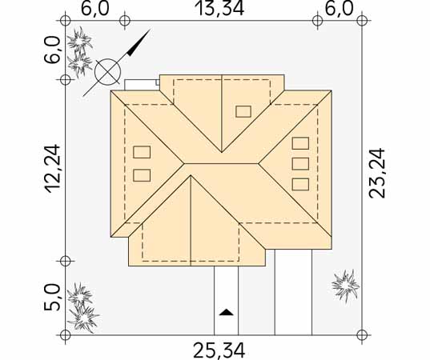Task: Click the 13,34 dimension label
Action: pyautogui.click(x=219, y=9)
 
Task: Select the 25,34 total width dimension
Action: pyautogui.click(x=219, y=350)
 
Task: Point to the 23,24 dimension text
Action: pyautogui.click(x=377, y=173)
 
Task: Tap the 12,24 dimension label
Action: pyautogui.click(x=52, y=169)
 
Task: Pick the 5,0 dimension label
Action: pyautogui.click(x=52, y=298)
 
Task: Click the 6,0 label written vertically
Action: pyautogui.click(x=52, y=50)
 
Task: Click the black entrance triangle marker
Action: pyautogui.click(x=227, y=312)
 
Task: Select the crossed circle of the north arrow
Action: pyautogui.click(x=107, y=72)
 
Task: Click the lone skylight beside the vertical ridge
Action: pyautogui.click(x=243, y=111)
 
